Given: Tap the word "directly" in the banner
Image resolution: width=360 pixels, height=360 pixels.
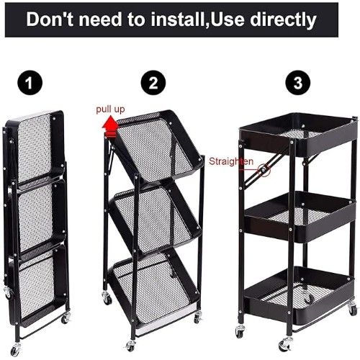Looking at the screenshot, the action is [x=283, y=20].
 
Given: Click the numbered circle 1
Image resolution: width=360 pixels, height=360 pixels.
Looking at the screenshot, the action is [x=30, y=83].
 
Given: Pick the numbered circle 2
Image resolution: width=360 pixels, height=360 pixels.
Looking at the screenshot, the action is [x=153, y=83].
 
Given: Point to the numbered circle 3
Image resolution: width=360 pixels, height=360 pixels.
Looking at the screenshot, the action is [x=297, y=83].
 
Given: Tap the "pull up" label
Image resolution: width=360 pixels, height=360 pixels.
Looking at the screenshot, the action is [x=110, y=109].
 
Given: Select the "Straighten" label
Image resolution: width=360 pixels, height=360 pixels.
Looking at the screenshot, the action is [x=231, y=161].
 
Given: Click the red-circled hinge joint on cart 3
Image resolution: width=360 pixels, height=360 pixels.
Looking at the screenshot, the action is [x=264, y=170].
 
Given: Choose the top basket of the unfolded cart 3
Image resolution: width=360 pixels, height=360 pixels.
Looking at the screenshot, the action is [x=297, y=135].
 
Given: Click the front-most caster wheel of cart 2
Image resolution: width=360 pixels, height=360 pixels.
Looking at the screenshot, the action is [x=130, y=345].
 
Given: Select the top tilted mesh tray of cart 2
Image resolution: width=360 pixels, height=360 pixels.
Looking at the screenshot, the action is [x=157, y=146].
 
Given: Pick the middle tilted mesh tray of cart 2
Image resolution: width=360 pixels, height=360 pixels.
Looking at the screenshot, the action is [x=156, y=217].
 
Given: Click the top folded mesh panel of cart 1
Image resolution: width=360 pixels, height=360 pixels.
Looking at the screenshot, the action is [x=36, y=149].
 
